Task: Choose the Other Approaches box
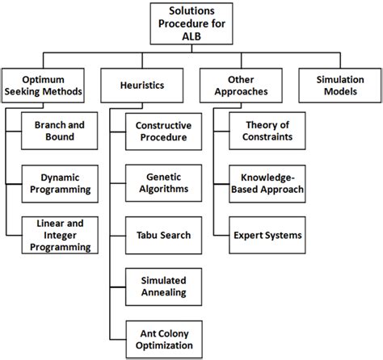click(238, 86)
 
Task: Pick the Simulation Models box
click(336, 86)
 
